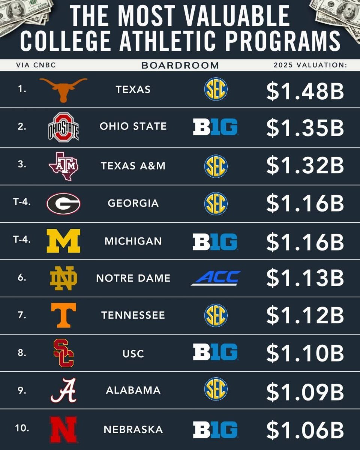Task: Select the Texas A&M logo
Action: [x=63, y=166]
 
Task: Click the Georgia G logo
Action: [x=63, y=204]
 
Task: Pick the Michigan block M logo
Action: [x=63, y=241]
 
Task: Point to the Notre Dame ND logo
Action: [x=64, y=278]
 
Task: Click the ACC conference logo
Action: [x=216, y=278]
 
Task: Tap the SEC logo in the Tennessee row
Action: [x=216, y=315]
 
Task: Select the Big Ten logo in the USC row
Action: [x=216, y=352]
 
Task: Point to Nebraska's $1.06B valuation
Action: [x=305, y=429]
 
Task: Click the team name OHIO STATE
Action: [x=133, y=126]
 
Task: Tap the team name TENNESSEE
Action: [x=133, y=315]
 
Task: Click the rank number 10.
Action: [x=22, y=428]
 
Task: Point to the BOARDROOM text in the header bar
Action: [x=180, y=65]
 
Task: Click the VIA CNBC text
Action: [x=36, y=65]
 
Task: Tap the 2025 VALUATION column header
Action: [x=310, y=65]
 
